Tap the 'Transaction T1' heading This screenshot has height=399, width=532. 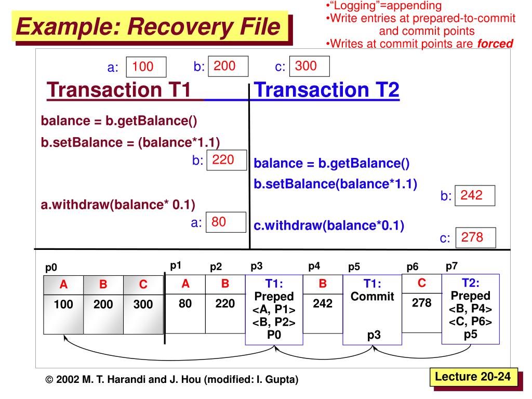(x=119, y=90)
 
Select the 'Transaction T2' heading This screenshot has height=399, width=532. (x=327, y=90)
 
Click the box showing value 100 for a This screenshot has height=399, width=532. (x=147, y=67)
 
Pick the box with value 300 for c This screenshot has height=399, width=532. (x=310, y=66)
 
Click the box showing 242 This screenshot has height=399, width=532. (x=475, y=196)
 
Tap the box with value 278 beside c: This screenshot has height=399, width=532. (x=475, y=238)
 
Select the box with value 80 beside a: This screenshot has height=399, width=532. (x=225, y=222)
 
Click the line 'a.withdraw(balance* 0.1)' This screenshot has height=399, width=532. (x=118, y=205)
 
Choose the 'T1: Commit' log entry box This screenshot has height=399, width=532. (x=372, y=309)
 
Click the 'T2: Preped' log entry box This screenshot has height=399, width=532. (x=470, y=309)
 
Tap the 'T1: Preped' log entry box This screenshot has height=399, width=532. (x=274, y=309)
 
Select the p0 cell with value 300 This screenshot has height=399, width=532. (x=143, y=305)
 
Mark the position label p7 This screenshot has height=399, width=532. (x=451, y=266)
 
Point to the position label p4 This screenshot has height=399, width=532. (x=314, y=266)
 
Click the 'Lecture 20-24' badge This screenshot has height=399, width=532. (x=473, y=377)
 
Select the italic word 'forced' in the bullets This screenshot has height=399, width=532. (x=495, y=44)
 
